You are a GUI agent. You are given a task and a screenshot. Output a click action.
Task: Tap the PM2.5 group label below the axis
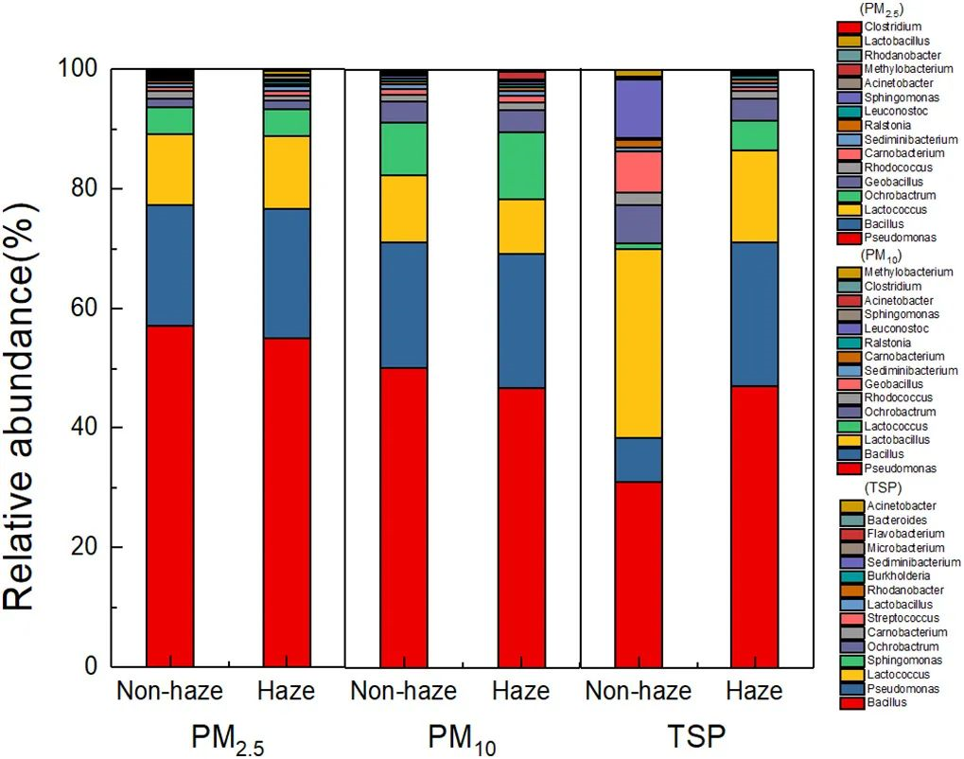pyautogui.click(x=228, y=734)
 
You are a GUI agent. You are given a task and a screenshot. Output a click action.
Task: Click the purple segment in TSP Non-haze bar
pyautogui.click(x=639, y=108)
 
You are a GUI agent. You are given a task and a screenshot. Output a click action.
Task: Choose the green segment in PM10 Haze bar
pyautogui.click(x=521, y=165)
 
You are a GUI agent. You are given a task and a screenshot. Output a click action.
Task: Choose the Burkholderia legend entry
pyautogui.click(x=898, y=575)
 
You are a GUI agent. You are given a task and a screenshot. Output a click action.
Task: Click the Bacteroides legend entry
pyautogui.click(x=896, y=520)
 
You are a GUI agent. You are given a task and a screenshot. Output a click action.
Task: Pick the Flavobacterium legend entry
pyautogui.click(x=902, y=534)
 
